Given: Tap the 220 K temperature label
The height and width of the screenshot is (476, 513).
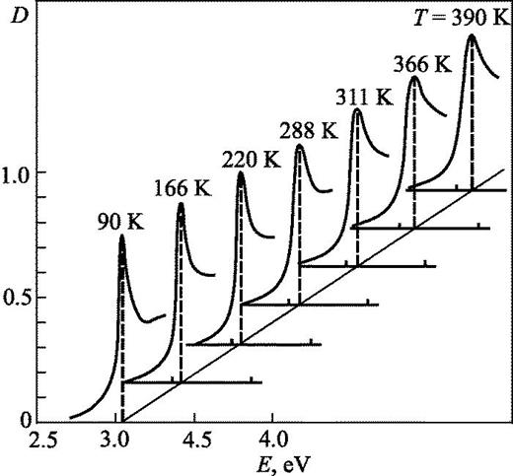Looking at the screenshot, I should pos(240,156).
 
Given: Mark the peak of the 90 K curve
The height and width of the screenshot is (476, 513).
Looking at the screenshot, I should pos(122,235).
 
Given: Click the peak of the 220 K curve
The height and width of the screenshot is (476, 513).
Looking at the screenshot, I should pos(241,172).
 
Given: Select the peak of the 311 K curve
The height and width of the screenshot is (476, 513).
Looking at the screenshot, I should pos(356,109).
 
